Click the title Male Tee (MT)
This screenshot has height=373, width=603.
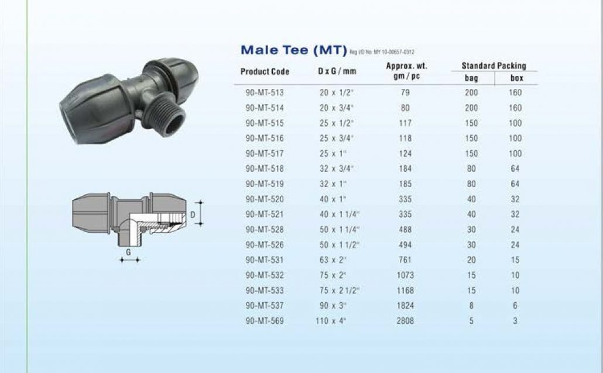(294, 50)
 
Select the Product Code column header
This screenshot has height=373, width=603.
(265, 71)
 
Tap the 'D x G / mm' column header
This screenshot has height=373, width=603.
(337, 71)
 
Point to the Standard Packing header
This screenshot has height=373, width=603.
(494, 65)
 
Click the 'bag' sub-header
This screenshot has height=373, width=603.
(471, 78)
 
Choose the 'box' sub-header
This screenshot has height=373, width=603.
(516, 78)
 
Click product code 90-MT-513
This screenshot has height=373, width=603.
(265, 92)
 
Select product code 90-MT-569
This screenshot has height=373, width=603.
(265, 321)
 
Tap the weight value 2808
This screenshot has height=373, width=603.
(405, 321)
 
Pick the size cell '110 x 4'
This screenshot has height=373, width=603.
(331, 321)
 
